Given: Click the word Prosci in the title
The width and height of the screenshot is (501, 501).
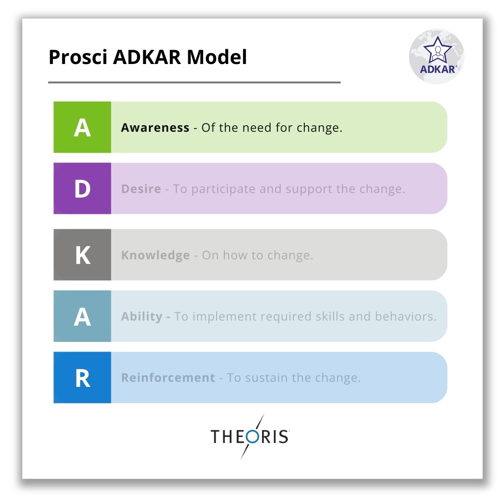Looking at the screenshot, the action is click(x=77, y=57).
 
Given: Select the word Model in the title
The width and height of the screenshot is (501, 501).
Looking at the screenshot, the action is click(x=217, y=57).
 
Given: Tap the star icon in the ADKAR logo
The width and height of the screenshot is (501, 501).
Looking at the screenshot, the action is click(x=437, y=50).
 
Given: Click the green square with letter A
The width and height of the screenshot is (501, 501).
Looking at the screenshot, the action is click(x=82, y=127).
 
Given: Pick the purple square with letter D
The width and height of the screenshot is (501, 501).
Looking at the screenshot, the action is click(x=82, y=188).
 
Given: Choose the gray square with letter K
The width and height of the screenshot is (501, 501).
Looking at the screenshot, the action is click(x=82, y=255).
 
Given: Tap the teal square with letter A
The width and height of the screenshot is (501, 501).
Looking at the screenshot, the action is click(x=82, y=316).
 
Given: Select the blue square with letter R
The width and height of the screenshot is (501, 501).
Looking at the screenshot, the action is click(x=82, y=377).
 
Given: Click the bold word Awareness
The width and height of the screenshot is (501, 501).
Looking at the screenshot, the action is click(x=155, y=128).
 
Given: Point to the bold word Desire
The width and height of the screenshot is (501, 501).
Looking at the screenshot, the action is click(x=141, y=189).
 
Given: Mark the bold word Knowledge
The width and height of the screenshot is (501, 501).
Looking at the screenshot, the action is click(x=155, y=256).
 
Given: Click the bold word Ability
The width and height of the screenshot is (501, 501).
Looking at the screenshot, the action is click(x=142, y=317).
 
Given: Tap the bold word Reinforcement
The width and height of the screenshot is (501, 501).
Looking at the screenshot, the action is click(x=168, y=378).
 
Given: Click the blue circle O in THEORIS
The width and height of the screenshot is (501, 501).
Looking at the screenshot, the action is click(x=252, y=437).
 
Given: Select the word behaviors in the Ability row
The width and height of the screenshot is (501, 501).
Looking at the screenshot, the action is click(x=405, y=316).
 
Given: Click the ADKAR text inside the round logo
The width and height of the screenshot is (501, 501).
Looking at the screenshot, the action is click(x=438, y=69).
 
